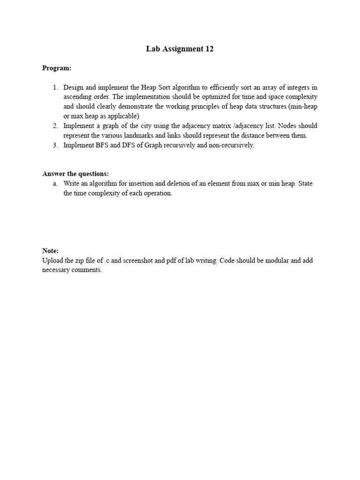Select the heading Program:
click(x=57, y=68)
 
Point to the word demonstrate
click(x=113, y=106)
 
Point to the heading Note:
click(x=50, y=251)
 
